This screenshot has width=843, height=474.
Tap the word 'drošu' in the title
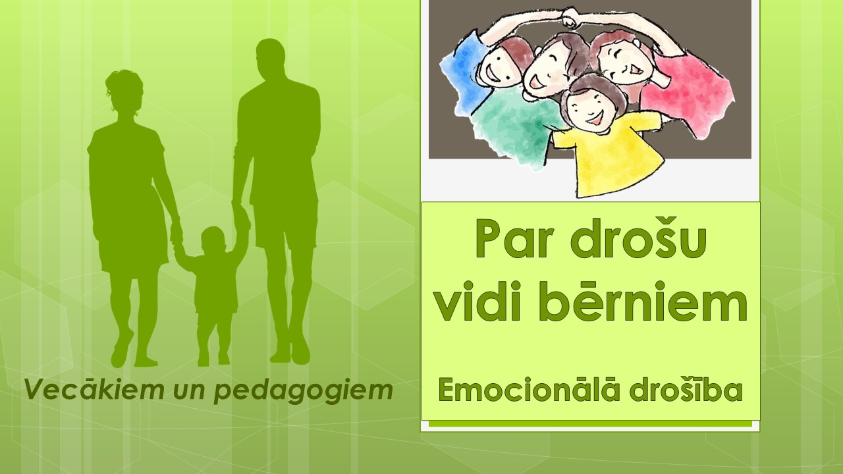(x=641, y=238)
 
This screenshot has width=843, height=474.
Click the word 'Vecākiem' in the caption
(x=94, y=390)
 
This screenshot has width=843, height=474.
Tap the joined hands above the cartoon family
(x=570, y=18)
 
